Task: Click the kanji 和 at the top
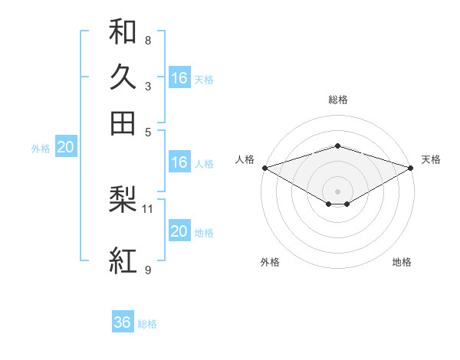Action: click(x=123, y=31)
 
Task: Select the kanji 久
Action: click(x=123, y=77)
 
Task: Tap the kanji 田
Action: click(x=123, y=123)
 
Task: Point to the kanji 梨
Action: click(x=123, y=200)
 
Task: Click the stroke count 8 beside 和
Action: click(x=147, y=40)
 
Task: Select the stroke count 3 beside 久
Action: click(x=147, y=86)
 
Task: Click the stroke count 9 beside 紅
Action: click(x=147, y=270)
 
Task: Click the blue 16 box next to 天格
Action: click(x=179, y=77)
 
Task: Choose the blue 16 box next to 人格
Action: click(x=179, y=162)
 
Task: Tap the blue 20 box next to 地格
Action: click(x=179, y=232)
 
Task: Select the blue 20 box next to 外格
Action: click(x=65, y=148)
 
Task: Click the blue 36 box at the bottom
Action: click(x=123, y=322)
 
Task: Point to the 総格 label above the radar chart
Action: click(x=337, y=100)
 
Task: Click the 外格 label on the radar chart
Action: click(x=270, y=262)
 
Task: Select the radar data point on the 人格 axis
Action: click(x=264, y=168)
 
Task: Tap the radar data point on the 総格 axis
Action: click(x=337, y=146)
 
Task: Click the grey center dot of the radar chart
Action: click(x=337, y=191)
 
